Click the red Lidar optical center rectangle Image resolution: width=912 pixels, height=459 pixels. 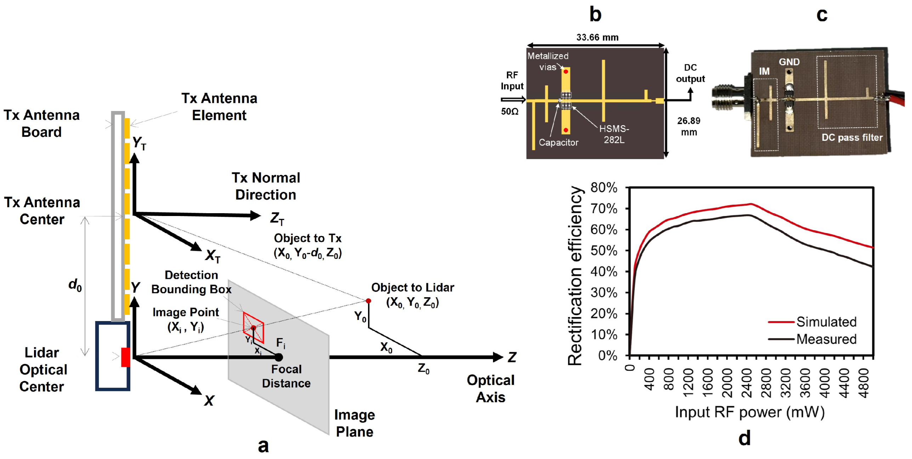pos(125,357)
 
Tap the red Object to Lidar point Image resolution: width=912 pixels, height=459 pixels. pos(368,301)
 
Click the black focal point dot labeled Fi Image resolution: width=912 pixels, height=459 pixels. pos(279,357)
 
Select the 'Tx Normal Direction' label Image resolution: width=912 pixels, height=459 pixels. pos(266,186)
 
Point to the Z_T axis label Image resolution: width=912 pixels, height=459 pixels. pos(277,218)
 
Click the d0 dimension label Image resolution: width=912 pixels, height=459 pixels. pos(75,284)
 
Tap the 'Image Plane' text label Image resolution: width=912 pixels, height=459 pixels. pos(355,423)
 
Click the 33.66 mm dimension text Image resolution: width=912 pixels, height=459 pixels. pos(597,37)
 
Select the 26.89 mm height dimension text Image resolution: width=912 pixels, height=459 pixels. pos(689,126)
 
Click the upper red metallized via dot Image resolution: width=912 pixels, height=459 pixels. pos(566,72)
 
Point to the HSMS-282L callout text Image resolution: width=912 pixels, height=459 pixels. pos(614,134)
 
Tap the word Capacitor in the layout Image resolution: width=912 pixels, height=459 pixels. pos(558,142)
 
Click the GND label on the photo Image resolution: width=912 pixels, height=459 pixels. pos(789,62)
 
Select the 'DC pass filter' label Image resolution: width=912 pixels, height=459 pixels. pos(852,137)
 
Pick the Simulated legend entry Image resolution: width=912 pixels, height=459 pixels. pos(826,322)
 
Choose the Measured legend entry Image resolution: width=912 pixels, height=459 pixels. pos(826,339)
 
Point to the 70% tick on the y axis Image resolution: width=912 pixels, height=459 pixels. pos(604,209)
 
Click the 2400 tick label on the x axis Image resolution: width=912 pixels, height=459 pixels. pos(747,383)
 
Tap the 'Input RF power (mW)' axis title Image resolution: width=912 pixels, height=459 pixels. pos(750,412)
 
